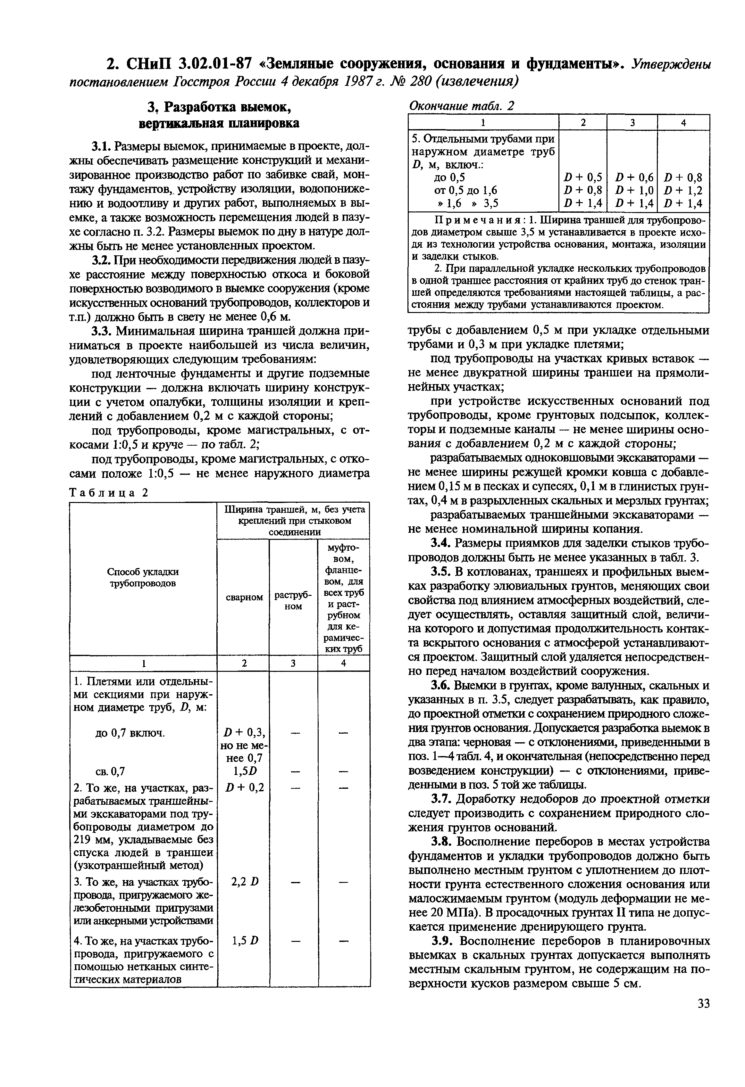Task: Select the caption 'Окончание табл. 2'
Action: point(461,106)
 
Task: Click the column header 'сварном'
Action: point(244,597)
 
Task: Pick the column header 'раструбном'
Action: point(293,601)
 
